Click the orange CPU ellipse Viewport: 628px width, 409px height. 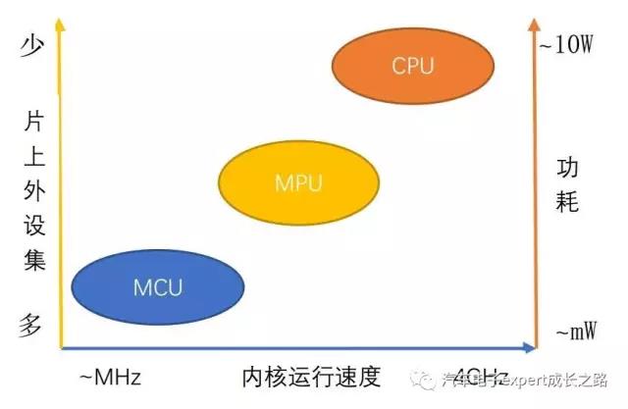tap(412, 66)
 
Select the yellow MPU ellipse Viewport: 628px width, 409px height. tap(298, 182)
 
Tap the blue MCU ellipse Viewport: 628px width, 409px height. tap(158, 286)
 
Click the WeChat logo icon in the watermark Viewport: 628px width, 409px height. tap(425, 379)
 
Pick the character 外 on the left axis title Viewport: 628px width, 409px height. tap(33, 193)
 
